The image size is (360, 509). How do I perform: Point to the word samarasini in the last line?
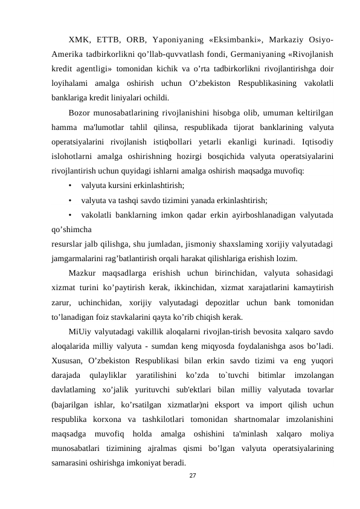(x=72, y=462)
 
